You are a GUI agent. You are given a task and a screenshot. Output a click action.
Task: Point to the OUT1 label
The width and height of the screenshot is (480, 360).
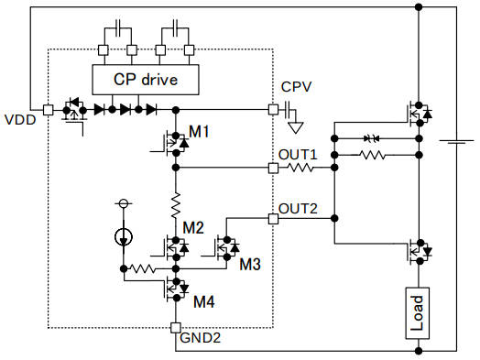(x=298, y=154)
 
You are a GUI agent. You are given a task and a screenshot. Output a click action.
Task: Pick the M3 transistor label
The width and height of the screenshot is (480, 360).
(x=250, y=265)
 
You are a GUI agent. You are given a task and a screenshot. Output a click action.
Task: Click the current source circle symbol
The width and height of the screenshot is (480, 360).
(x=122, y=238)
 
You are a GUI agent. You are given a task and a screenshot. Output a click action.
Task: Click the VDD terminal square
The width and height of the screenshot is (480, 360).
(x=48, y=109)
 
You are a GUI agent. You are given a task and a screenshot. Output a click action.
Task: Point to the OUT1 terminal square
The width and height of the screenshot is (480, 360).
(x=272, y=169)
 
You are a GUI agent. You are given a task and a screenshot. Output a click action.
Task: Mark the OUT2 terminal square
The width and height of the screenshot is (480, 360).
(x=272, y=219)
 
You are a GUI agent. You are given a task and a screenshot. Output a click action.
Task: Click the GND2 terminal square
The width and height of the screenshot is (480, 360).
(x=174, y=328)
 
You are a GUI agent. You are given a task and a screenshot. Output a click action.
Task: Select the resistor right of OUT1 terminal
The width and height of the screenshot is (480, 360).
(x=303, y=169)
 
